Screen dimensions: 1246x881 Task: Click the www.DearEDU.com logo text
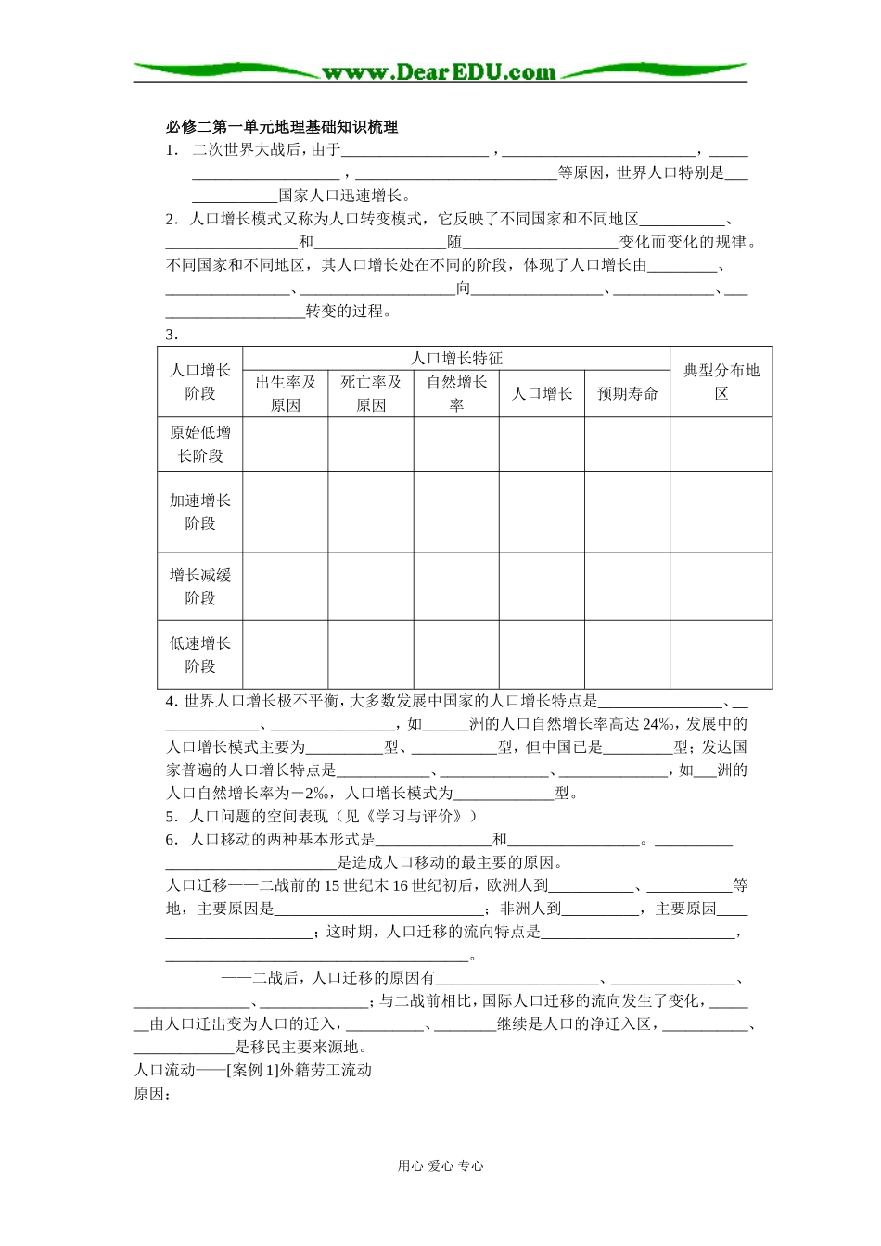[439, 72]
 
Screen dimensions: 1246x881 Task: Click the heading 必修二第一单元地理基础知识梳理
[281, 127]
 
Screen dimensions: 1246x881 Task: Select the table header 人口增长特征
[456, 359]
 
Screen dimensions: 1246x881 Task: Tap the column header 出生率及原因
[286, 394]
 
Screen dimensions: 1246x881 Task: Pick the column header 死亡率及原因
[371, 394]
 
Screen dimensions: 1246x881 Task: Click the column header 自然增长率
[456, 394]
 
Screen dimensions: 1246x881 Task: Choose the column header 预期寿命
[628, 394]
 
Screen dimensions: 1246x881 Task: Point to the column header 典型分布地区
[721, 382]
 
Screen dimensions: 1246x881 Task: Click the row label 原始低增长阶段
[200, 444]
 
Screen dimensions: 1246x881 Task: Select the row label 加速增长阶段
[200, 512]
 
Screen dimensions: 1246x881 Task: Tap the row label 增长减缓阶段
[200, 587]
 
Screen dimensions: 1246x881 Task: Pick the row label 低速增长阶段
[200, 655]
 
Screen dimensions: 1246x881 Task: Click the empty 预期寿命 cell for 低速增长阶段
[628, 655]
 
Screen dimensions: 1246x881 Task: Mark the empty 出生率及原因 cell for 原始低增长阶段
[286, 444]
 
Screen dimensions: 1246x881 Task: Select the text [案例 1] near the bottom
[252, 1071]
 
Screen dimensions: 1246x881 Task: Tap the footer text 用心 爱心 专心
[440, 1166]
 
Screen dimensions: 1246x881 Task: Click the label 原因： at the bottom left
[153, 1094]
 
